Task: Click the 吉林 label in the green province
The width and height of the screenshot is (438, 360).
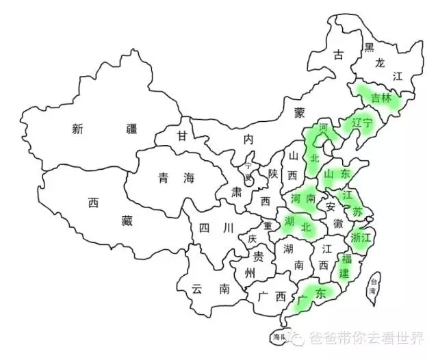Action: (x=381, y=98)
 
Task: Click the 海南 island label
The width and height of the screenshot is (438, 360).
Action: (x=279, y=337)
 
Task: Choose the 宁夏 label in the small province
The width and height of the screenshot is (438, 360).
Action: (x=248, y=170)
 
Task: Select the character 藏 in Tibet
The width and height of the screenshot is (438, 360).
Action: (x=126, y=220)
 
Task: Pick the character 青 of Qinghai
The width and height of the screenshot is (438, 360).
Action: (x=162, y=178)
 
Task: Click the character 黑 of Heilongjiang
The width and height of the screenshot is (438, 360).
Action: (x=369, y=47)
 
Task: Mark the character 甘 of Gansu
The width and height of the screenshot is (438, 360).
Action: (x=181, y=136)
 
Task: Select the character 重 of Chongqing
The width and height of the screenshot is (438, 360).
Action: (x=268, y=226)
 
